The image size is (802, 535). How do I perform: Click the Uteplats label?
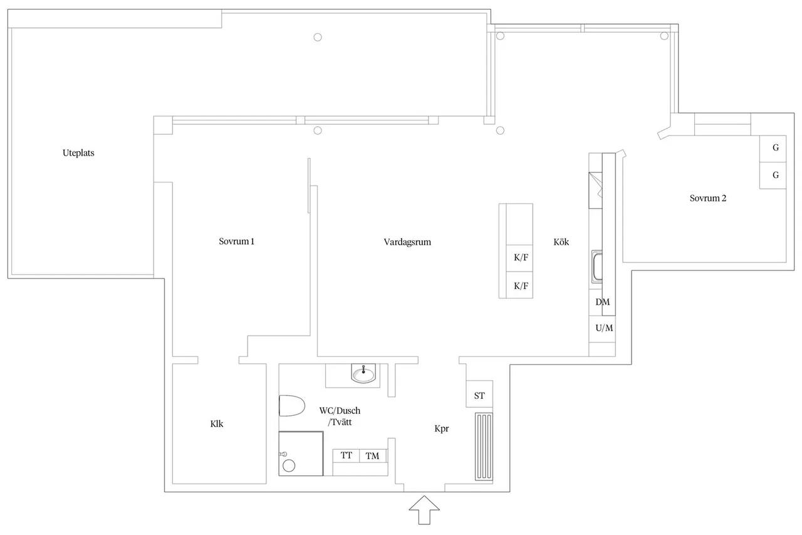point(78,153)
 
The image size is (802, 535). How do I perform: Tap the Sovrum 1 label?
point(236,241)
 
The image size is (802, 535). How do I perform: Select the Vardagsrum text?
point(407,242)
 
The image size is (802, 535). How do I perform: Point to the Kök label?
point(561,242)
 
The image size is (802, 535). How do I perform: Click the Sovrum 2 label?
point(708,198)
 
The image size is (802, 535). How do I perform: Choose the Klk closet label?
point(217,424)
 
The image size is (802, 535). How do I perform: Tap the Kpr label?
point(442,428)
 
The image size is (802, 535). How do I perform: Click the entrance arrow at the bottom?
point(424,511)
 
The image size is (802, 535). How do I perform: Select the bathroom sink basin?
point(363,373)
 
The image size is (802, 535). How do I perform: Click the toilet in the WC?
point(291,406)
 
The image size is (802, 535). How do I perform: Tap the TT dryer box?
point(346,455)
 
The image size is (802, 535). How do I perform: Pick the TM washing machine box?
point(373,456)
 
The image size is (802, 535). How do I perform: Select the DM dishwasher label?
point(603,302)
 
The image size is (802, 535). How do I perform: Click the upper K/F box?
point(519,258)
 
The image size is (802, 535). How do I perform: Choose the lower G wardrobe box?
point(773,176)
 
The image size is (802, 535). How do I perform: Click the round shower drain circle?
point(289,466)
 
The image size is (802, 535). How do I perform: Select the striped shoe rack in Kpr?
point(484,447)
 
